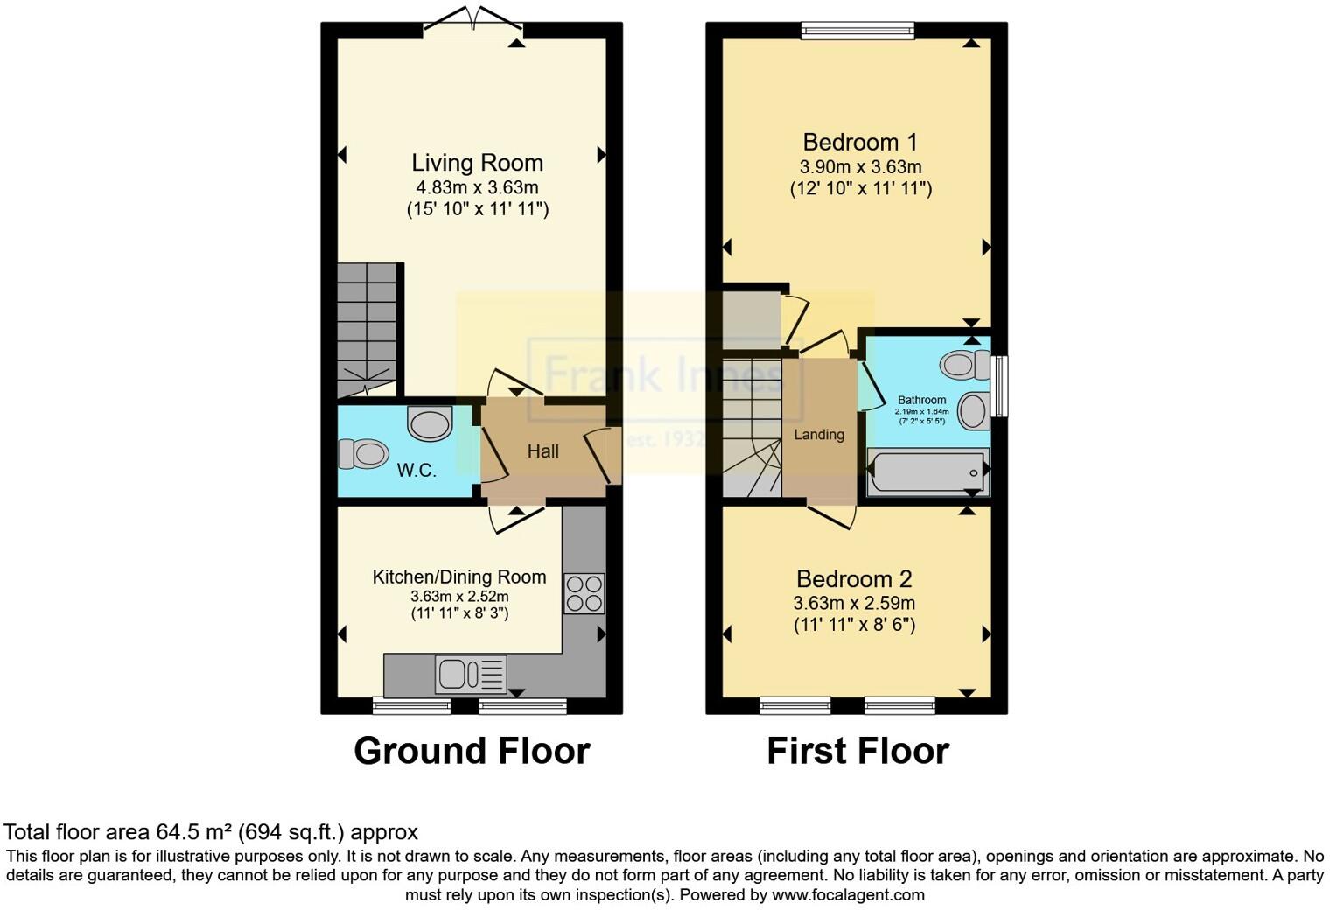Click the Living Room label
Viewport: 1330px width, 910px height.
click(x=477, y=163)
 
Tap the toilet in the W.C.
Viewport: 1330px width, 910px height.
click(x=363, y=454)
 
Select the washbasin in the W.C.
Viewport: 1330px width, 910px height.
click(x=430, y=423)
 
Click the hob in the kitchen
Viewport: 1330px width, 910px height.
click(x=584, y=593)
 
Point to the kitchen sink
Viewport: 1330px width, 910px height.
click(x=471, y=674)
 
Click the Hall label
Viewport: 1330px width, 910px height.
click(x=542, y=451)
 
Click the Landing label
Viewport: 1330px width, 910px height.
click(x=819, y=435)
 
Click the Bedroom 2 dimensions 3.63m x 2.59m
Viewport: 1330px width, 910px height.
click(x=854, y=603)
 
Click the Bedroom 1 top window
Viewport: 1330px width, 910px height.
click(x=857, y=31)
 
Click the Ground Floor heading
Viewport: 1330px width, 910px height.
click(x=472, y=751)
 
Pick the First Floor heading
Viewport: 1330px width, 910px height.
click(x=857, y=751)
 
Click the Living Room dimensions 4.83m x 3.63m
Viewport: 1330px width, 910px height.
click(x=477, y=187)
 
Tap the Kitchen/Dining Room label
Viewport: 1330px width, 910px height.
click(x=459, y=577)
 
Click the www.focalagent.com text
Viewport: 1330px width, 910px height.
click(x=848, y=894)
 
